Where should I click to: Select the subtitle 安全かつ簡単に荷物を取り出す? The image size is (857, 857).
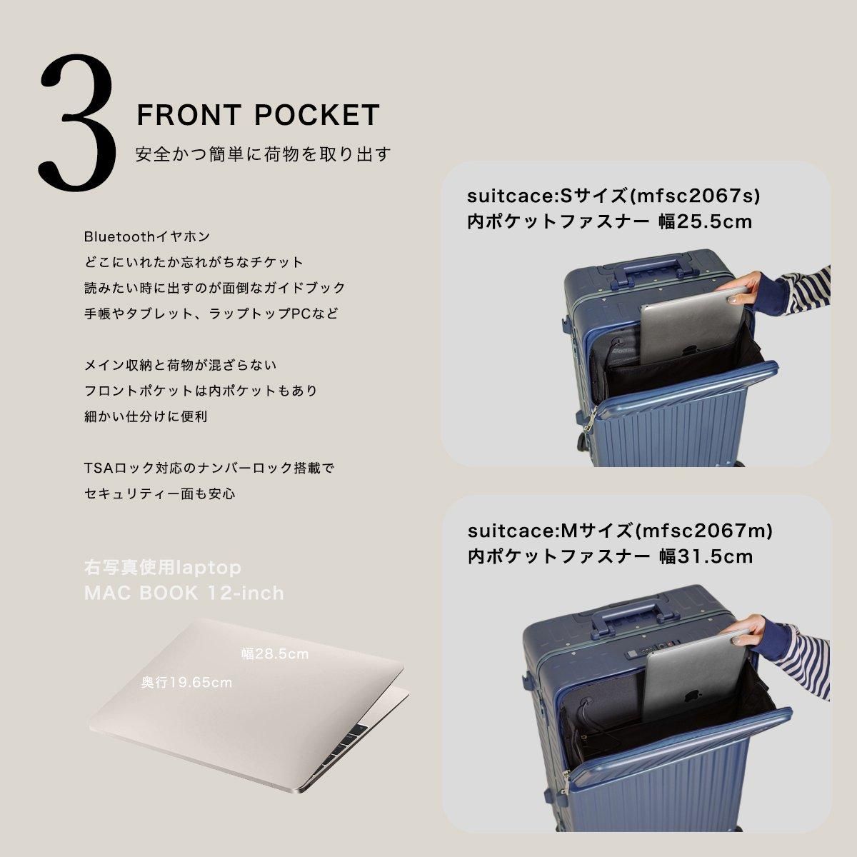(x=264, y=154)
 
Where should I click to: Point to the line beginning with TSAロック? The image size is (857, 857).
(x=209, y=468)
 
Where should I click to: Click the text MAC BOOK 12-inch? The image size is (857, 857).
(x=184, y=593)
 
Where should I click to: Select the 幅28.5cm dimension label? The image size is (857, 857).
(x=275, y=654)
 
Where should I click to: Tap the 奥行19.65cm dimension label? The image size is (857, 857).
(x=187, y=683)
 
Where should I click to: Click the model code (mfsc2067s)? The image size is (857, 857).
(x=698, y=196)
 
